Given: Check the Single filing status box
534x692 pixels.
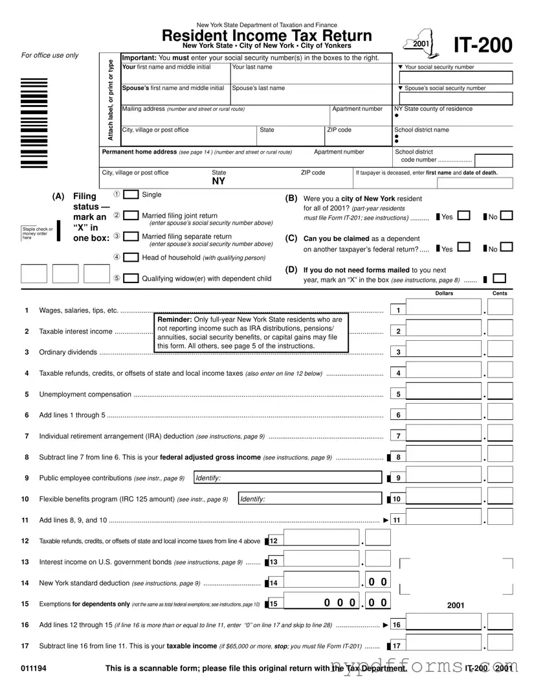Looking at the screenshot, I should pyautogui.click(x=131, y=195).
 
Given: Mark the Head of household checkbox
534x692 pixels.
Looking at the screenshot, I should pyautogui.click(x=131, y=257).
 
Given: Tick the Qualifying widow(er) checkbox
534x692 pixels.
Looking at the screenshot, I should pyautogui.click(x=131, y=279).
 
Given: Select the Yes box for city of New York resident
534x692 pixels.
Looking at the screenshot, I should pyautogui.click(x=463, y=216).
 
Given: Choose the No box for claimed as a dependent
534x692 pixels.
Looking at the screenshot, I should pyautogui.click(x=507, y=248).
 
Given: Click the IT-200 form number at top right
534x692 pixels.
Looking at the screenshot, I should pyautogui.click(x=483, y=45).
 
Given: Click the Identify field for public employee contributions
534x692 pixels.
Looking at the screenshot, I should pyautogui.click(x=287, y=478).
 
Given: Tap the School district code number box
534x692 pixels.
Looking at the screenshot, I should pyautogui.click(x=493, y=160).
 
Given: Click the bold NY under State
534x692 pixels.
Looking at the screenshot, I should pyautogui.click(x=219, y=182).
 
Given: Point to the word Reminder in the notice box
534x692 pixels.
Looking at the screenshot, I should pyautogui.click(x=173, y=320).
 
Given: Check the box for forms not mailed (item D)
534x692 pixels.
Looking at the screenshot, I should pyautogui.click(x=499, y=279).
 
